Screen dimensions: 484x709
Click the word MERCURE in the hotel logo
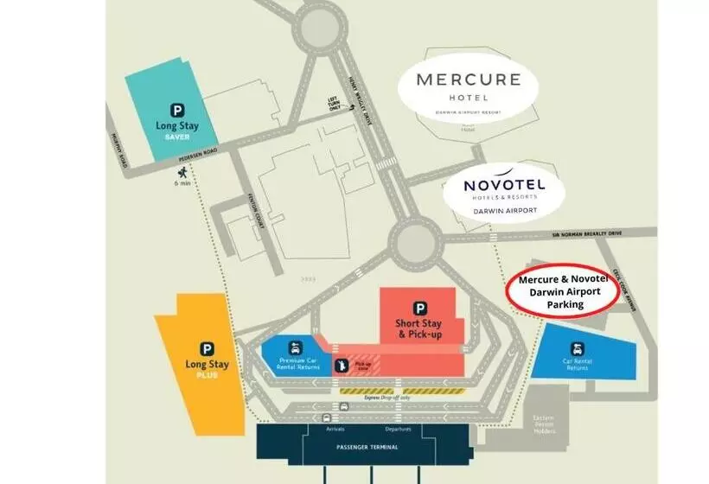click(x=468, y=81)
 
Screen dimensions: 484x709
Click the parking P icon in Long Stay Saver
click(x=176, y=110)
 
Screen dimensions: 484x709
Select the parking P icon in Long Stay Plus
click(x=208, y=348)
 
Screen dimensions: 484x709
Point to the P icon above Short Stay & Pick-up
click(x=420, y=308)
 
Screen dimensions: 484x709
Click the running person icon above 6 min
click(x=182, y=171)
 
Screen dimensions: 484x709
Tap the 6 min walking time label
click(x=182, y=183)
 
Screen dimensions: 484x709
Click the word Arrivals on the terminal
click(x=335, y=428)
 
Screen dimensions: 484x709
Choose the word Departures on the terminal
click(x=398, y=428)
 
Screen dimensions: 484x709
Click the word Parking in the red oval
click(x=559, y=304)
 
